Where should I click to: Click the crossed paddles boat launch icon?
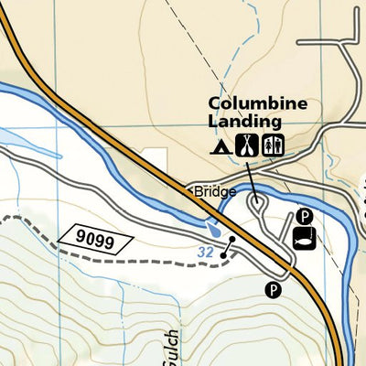[x=246, y=144]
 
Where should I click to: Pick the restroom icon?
[x=274, y=144]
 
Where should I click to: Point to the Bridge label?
[x=215, y=192]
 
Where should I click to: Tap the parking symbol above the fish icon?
[x=305, y=217]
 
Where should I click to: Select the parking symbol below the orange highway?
[x=272, y=290]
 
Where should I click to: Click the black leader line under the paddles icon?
[x=251, y=174]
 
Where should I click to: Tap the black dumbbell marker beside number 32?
[x=229, y=247]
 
